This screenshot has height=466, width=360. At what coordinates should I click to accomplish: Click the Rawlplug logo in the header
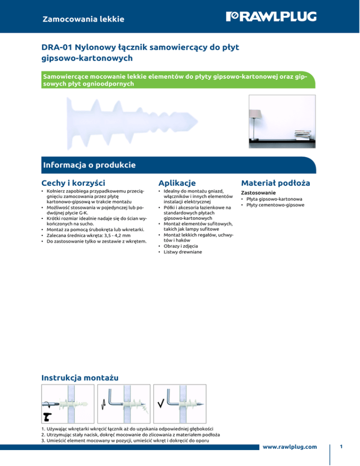271,17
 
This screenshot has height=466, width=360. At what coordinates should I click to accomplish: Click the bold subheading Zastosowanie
258,193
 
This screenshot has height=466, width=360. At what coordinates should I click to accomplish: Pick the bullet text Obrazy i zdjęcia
180,246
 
